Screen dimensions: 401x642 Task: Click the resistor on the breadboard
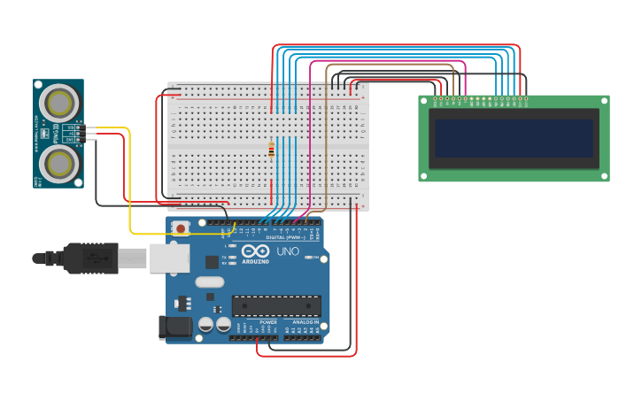271,150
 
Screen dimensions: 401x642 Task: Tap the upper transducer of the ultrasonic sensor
58,103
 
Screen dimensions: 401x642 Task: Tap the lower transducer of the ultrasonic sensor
58,164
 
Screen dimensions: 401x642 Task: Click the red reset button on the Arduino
181,227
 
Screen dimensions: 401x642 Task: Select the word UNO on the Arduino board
289,251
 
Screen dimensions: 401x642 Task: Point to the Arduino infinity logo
256,251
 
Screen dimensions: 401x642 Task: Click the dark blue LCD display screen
514,138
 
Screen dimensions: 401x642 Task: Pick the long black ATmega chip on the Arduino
276,305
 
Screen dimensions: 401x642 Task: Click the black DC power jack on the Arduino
175,328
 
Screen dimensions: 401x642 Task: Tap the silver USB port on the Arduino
169,258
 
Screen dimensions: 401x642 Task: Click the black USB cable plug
89,258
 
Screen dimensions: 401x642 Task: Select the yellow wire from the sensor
130,177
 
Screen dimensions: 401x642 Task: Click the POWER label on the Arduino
268,322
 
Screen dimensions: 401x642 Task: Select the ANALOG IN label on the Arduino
306,322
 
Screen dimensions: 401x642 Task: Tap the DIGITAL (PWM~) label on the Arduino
285,237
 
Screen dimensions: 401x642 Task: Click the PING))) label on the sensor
57,134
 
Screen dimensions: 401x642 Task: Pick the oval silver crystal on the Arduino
210,281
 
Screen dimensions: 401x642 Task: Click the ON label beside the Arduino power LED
316,258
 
